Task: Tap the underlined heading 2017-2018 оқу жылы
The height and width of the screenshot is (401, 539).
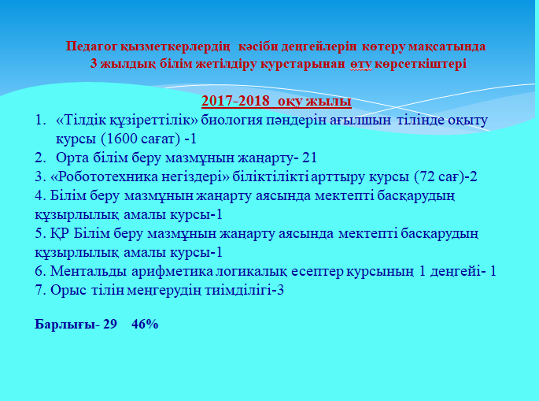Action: [x=276, y=101]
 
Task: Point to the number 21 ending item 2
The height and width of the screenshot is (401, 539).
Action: [x=309, y=158]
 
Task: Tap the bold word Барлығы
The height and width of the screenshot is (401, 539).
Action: [x=65, y=325]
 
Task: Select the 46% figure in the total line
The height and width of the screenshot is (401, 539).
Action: [x=145, y=325]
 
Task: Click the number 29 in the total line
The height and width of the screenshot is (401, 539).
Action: [x=109, y=325]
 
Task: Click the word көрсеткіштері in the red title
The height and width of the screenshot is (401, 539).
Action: [x=421, y=64]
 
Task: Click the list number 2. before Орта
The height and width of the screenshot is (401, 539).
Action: [x=40, y=158]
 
